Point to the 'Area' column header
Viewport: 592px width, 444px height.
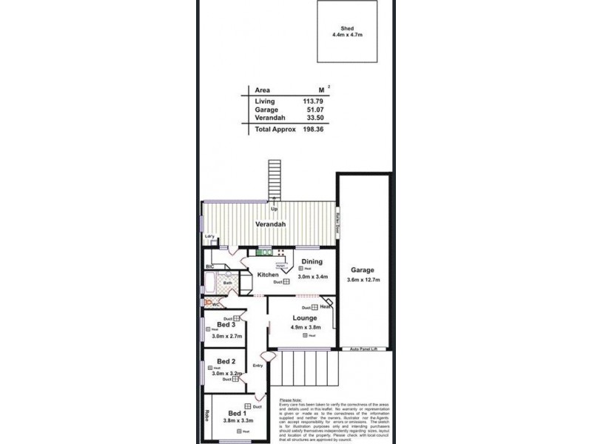[262, 90]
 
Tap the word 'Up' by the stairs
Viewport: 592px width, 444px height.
[275, 209]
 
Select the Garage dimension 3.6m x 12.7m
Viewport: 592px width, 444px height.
[363, 280]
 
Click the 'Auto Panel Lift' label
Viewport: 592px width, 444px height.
[364, 349]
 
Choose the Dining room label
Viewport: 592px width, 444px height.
[312, 261]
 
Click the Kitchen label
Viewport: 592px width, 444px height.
[268, 275]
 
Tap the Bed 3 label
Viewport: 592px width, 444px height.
[226, 325]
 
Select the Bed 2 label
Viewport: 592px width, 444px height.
[226, 361]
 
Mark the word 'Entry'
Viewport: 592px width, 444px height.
[258, 366]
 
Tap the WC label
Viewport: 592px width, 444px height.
[218, 305]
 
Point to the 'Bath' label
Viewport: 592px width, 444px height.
[228, 282]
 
